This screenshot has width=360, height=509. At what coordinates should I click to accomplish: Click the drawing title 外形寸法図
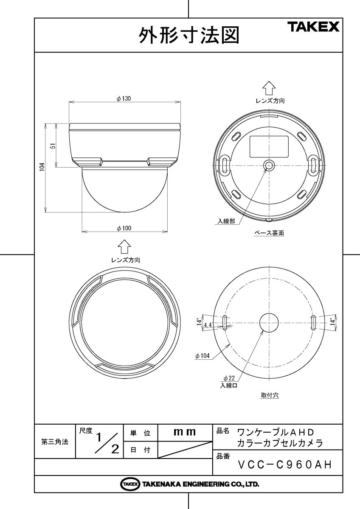tap(189, 36)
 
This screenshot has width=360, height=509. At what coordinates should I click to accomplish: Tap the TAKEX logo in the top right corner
tap(314, 28)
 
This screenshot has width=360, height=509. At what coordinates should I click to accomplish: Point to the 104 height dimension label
tap(42, 168)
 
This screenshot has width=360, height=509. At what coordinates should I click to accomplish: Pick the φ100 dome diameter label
tap(124, 228)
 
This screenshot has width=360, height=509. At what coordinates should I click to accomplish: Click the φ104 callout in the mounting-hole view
tap(203, 356)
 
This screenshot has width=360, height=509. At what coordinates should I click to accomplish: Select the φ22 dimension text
tap(229, 378)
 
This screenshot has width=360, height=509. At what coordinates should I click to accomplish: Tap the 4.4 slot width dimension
tap(208, 324)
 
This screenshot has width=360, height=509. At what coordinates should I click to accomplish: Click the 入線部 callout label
tap(226, 221)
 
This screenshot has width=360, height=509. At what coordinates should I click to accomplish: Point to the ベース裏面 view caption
tap(269, 233)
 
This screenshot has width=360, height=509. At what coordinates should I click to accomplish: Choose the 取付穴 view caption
tap(270, 395)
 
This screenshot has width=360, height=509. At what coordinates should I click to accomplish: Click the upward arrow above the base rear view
tap(269, 88)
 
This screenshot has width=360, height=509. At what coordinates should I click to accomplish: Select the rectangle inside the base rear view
tap(269, 146)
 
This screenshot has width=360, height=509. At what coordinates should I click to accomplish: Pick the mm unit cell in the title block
tap(185, 432)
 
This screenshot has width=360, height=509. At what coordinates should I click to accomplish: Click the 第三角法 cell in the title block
tap(55, 441)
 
